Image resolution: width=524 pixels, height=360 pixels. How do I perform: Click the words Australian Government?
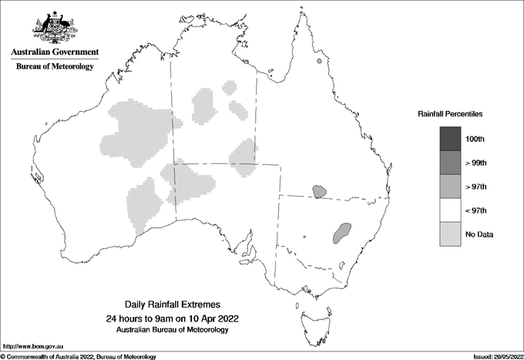[55, 52]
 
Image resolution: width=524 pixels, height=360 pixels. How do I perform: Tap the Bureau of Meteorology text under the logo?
[55, 67]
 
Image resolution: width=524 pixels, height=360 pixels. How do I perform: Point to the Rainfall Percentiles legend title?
[450, 113]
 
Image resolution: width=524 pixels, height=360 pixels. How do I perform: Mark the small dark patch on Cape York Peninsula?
[318, 62]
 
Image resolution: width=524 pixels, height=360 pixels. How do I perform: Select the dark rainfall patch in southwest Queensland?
[317, 190]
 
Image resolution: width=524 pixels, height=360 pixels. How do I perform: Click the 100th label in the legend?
[475, 139]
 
